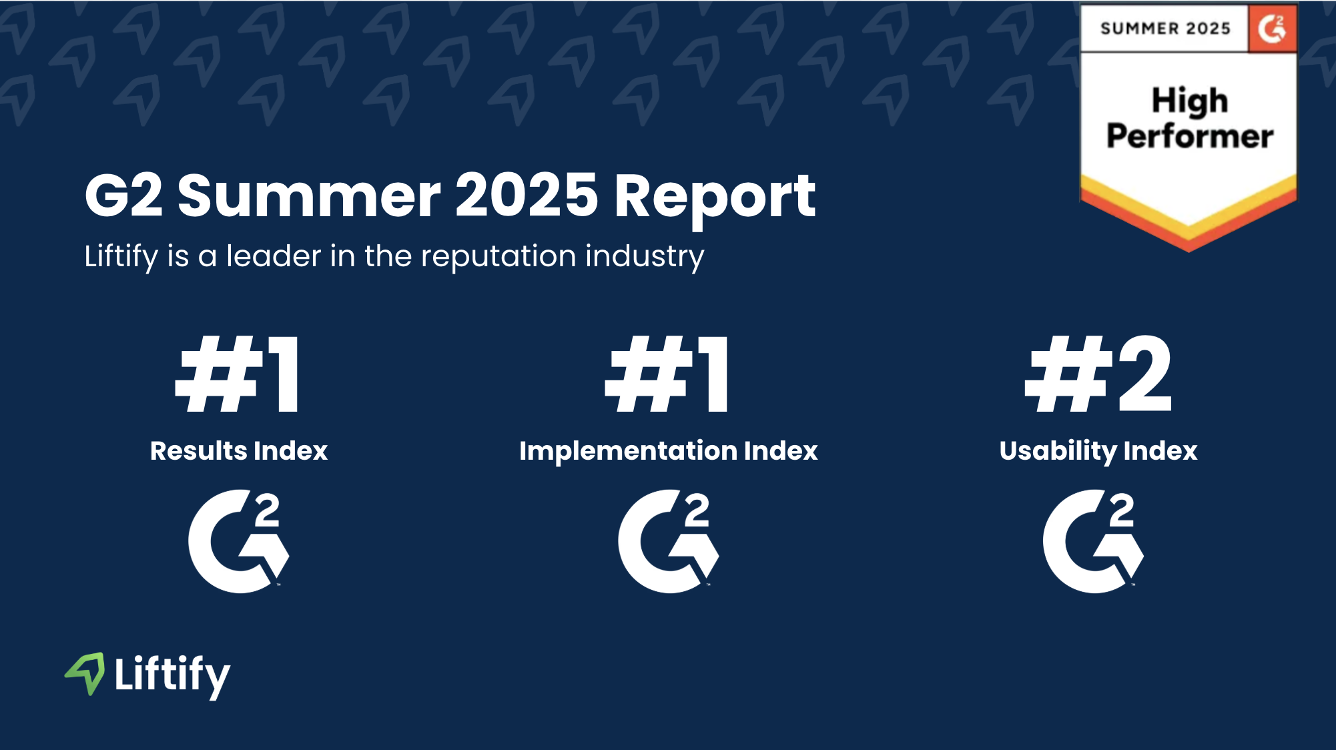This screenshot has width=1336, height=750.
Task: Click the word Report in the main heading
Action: tap(715, 197)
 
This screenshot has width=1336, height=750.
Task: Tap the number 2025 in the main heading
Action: tap(527, 195)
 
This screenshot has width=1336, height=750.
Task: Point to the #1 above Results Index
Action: tap(238, 374)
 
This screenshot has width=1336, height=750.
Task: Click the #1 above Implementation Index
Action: tap(667, 374)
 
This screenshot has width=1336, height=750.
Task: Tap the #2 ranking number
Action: tap(1098, 374)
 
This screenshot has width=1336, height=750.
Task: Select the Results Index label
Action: tap(239, 450)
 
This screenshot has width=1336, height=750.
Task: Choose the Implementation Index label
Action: tap(669, 452)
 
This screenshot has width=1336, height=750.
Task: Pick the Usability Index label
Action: tap(1098, 452)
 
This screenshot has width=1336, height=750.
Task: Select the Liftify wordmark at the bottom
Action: tap(172, 675)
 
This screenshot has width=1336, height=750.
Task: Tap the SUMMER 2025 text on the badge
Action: tap(1165, 29)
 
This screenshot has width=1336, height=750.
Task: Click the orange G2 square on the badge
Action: tap(1273, 29)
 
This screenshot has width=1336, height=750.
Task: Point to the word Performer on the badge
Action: tap(1190, 136)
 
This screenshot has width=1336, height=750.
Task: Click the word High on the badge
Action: tap(1190, 101)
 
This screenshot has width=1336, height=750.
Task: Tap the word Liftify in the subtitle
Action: tap(121, 257)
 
